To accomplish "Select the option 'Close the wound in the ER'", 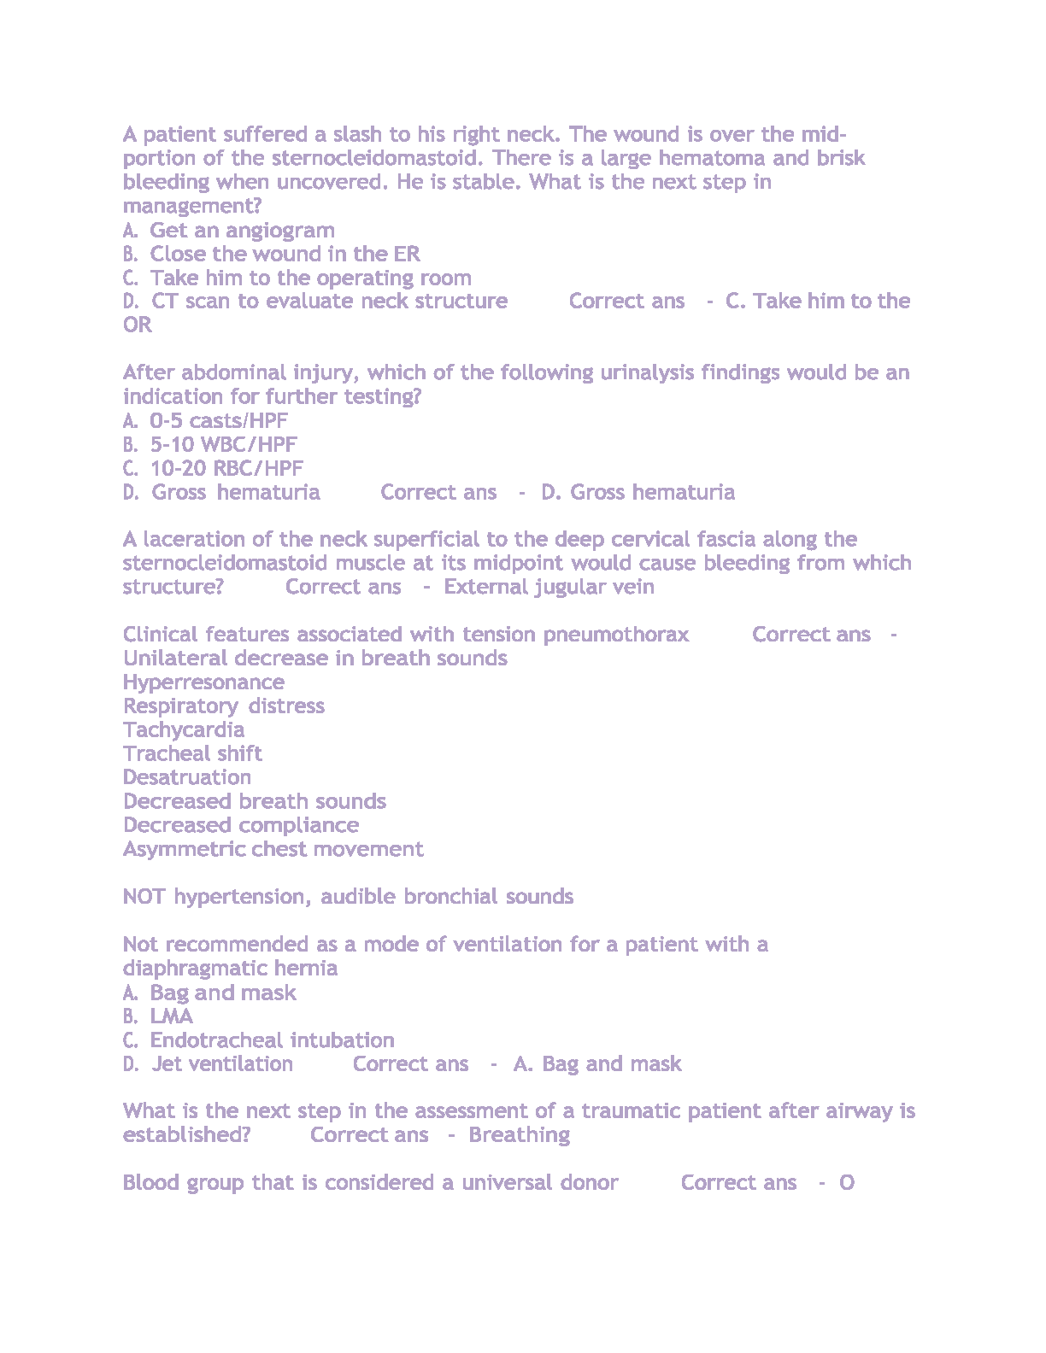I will point(285,254).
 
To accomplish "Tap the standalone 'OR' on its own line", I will point(138,325).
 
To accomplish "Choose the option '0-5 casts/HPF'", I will point(219,420).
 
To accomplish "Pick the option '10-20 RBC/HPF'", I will point(226,468).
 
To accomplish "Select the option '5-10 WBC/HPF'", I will point(223,444).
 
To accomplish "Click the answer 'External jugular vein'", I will point(549,587).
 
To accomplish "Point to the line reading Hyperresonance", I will point(203,682).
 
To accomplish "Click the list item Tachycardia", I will point(184,730).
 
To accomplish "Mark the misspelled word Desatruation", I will point(187,777).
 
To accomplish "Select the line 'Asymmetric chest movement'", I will point(273,849).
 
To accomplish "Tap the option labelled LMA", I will point(171,1016).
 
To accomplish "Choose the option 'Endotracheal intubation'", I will point(272,1040).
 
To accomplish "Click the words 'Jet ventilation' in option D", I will point(222,1064).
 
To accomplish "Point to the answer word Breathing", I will point(519,1135).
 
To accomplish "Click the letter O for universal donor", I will point(846,1183).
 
